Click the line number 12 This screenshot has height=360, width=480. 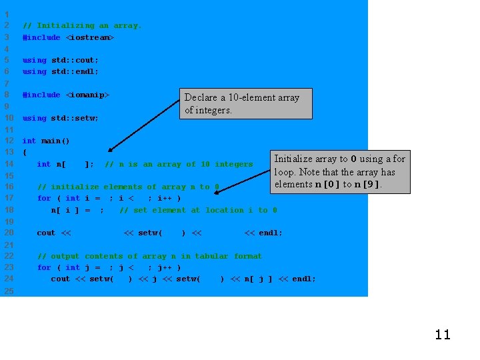(x=9, y=141)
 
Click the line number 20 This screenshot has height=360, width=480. (x=9, y=233)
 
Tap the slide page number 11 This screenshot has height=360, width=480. (x=443, y=335)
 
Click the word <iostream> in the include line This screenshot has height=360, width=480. (x=89, y=38)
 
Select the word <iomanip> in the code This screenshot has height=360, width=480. (x=87, y=95)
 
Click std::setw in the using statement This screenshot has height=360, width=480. (x=75, y=118)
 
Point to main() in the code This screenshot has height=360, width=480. (x=55, y=141)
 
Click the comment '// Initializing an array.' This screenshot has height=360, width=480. (x=82, y=26)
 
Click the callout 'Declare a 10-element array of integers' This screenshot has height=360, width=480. (x=245, y=103)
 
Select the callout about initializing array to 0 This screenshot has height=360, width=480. (x=339, y=171)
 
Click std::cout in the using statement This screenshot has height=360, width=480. (x=75, y=60)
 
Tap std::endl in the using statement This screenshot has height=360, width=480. (x=75, y=71)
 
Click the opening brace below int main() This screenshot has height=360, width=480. (x=25, y=152)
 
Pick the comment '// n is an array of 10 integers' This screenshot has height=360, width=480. (x=179, y=164)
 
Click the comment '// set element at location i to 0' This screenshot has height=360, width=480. (x=198, y=210)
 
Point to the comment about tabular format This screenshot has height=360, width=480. (x=149, y=256)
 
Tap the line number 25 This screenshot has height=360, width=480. (x=9, y=291)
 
